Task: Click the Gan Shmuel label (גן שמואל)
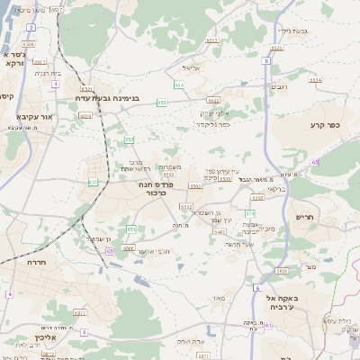coord(99,238)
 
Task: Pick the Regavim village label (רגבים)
coord(279,87)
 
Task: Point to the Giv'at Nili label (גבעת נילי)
coord(293,31)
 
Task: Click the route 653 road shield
coord(162,103)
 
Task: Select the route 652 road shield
coord(130,139)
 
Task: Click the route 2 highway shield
coord(31,28)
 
